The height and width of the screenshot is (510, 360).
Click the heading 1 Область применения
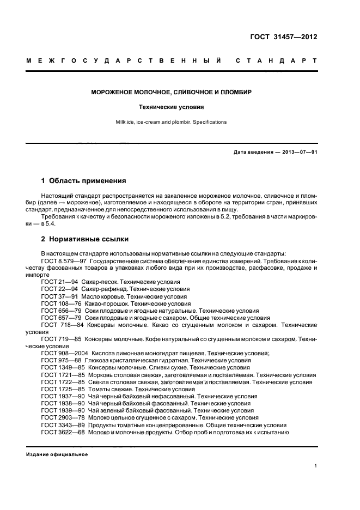[x=84, y=180]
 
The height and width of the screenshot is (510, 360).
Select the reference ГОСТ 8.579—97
[x=60, y=262]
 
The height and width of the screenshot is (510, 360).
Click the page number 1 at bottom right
[x=316, y=466]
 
